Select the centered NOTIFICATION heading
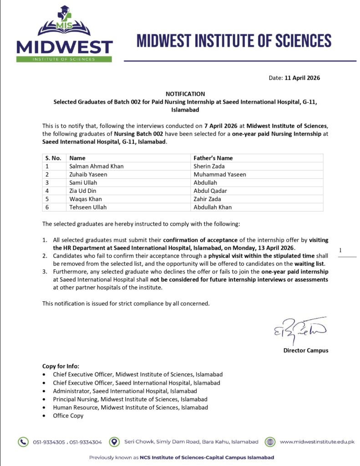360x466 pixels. [x=185, y=94]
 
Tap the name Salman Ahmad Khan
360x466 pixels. [x=96, y=166]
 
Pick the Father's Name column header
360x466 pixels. [x=213, y=158]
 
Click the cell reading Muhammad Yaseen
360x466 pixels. [x=220, y=174]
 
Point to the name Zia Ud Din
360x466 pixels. [x=82, y=191]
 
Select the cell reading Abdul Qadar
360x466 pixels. [x=210, y=191]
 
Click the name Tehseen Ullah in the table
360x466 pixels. [x=88, y=207]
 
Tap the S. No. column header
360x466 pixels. [x=53, y=158]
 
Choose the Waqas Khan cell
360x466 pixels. [x=86, y=199]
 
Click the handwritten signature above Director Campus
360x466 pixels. [x=300, y=331]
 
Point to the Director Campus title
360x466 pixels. [x=305, y=350]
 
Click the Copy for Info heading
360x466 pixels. [x=61, y=366]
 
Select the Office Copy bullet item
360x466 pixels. [x=68, y=415]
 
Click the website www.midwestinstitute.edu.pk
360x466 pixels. [x=317, y=441]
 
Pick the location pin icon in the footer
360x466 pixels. [x=117, y=441]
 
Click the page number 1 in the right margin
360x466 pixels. [x=340, y=250]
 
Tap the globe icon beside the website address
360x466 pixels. [x=270, y=441]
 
